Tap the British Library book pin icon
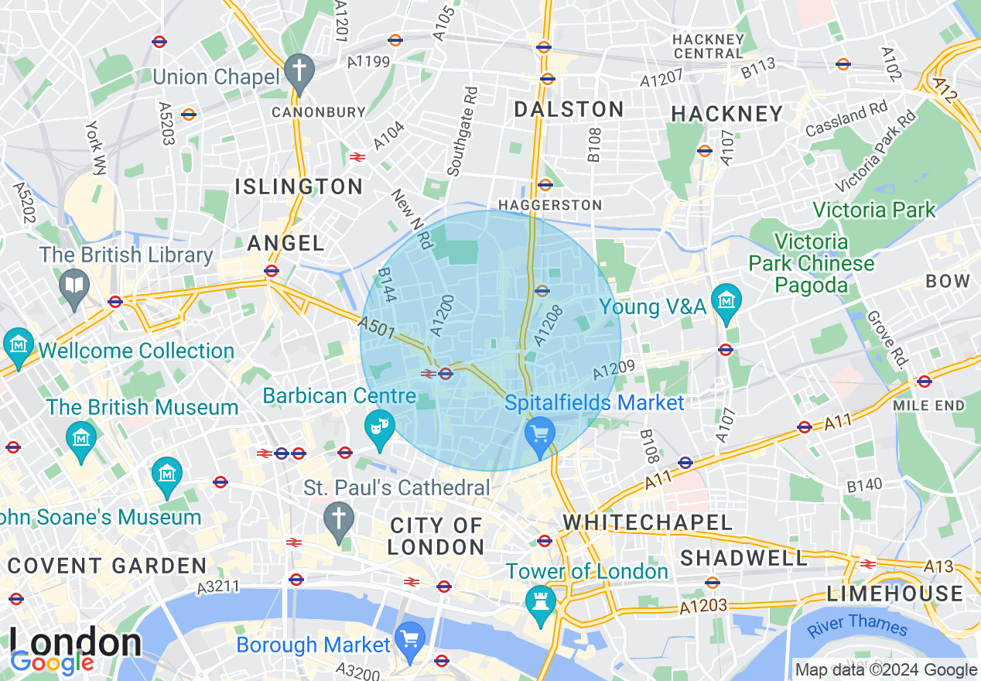pyautogui.click(x=74, y=286)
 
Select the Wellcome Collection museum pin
pyautogui.click(x=17, y=343)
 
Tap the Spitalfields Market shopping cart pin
pyautogui.click(x=539, y=432)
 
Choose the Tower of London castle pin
pyautogui.click(x=538, y=601)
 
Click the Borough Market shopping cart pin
pyautogui.click(x=409, y=637)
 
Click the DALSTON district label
pyautogui.click(x=569, y=109)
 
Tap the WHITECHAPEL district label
pyautogui.click(x=648, y=522)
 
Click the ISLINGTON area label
pyautogui.click(x=299, y=187)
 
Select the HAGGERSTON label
pyautogui.click(x=550, y=205)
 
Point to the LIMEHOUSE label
pyautogui.click(x=895, y=594)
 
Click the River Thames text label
pyautogui.click(x=857, y=625)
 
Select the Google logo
pyautogui.click(x=52, y=662)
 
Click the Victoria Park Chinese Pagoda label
pyautogui.click(x=812, y=263)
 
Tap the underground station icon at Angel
pyautogui.click(x=271, y=271)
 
